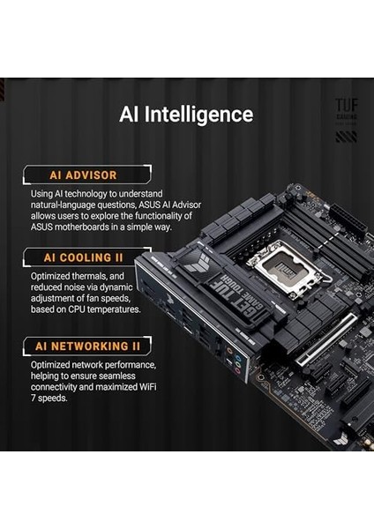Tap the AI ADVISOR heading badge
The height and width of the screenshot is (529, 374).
click(81, 175)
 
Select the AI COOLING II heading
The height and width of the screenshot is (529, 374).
click(85, 258)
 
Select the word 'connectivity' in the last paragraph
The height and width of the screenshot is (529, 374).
click(53, 388)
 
